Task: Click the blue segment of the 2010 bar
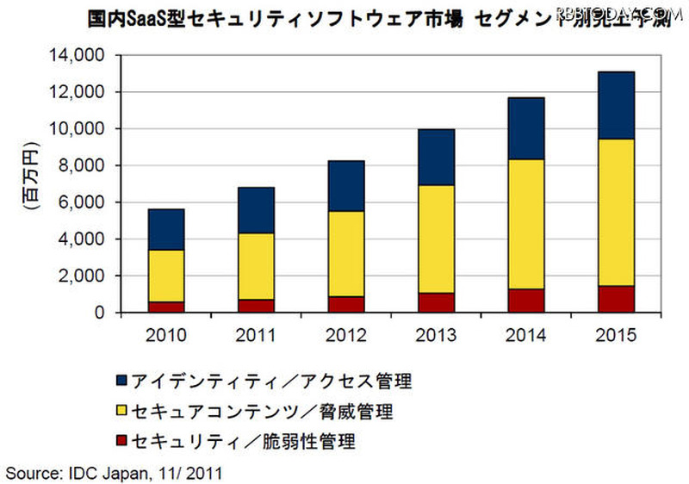pyautogui.click(x=166, y=229)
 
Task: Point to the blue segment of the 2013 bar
pyautogui.click(x=437, y=157)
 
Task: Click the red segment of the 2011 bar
pyautogui.click(x=257, y=306)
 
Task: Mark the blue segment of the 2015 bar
pyautogui.click(x=617, y=105)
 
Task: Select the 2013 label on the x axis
pyautogui.click(x=437, y=334)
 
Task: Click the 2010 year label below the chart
pyautogui.click(x=166, y=334)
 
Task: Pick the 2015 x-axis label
pyautogui.click(x=617, y=334)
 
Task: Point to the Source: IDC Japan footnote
pyautogui.click(x=115, y=471)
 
